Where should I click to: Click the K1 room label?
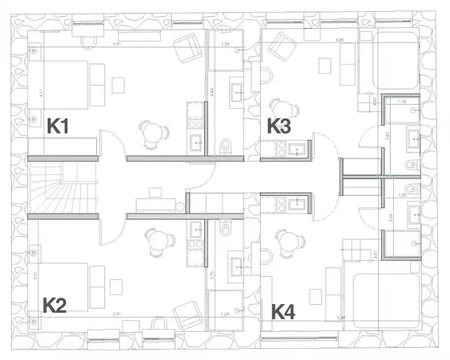coord(61,126)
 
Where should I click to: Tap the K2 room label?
coord(55,305)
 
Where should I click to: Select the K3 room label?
coord(280,126)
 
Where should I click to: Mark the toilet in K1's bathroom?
coord(226,144)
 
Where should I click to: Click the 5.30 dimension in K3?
coord(340,39)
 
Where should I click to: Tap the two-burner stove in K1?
coord(195,117)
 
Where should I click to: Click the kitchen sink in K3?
coord(297,149)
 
